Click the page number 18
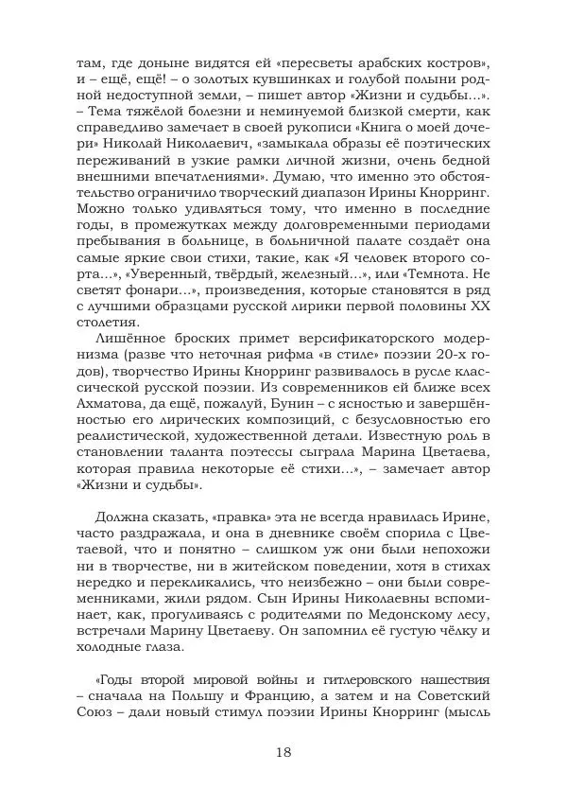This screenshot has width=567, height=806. point(283,752)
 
